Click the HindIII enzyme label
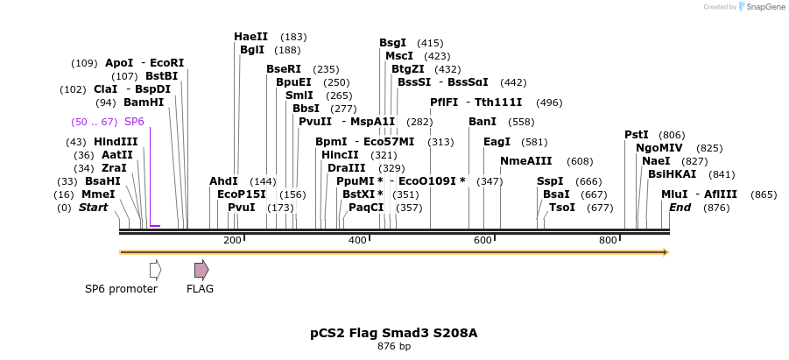[116, 142]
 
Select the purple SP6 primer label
[134, 122]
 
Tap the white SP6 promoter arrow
[155, 269]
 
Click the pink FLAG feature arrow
[201, 269]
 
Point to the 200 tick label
[232, 240]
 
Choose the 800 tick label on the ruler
[608, 240]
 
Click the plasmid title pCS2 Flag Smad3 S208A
[394, 333]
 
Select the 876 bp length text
[394, 347]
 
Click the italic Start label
[93, 208]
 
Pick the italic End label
[680, 208]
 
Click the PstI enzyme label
[637, 135]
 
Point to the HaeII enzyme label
[251, 37]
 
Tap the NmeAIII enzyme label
[526, 161]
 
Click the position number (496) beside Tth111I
[549, 102]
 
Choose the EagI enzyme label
[497, 142]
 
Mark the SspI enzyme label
[550, 181]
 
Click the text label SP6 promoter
[121, 289]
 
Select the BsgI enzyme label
[392, 43]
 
